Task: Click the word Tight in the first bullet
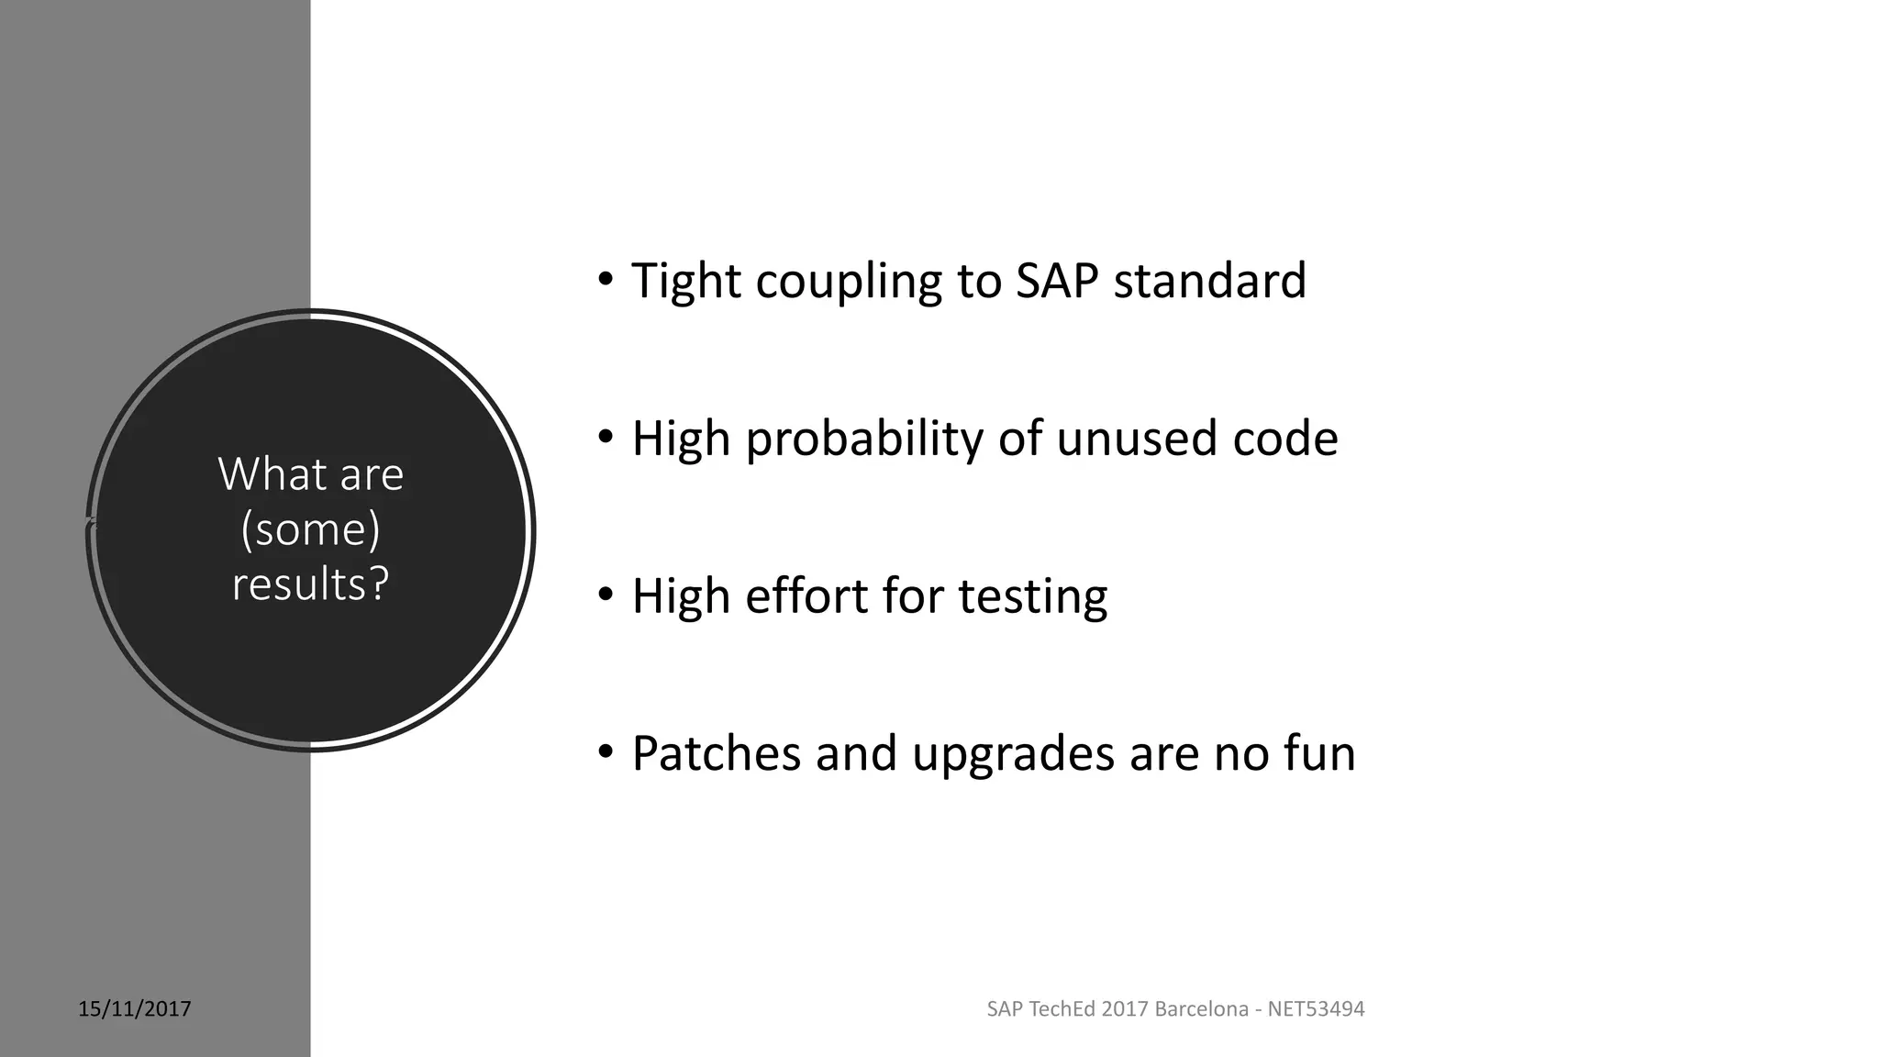pyautogui.click(x=685, y=281)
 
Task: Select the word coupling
pyautogui.click(x=849, y=283)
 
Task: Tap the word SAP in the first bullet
pyautogui.click(x=1057, y=281)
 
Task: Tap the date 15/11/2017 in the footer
pyautogui.click(x=135, y=1009)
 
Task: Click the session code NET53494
pyautogui.click(x=1316, y=1009)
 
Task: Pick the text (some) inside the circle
pyautogui.click(x=310, y=529)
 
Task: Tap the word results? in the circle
pyautogui.click(x=310, y=584)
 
